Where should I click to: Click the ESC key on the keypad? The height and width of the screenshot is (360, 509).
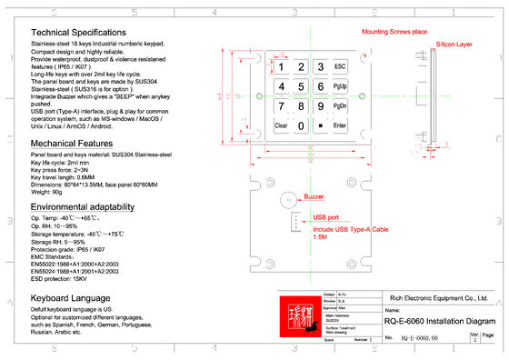tap(340, 67)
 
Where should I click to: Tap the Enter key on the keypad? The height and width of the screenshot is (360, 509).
tap(340, 125)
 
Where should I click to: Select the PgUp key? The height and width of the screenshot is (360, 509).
tap(340, 86)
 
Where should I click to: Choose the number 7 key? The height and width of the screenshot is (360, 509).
tap(281, 105)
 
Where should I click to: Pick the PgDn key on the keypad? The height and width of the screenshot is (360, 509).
tap(340, 105)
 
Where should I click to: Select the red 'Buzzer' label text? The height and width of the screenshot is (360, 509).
tap(314, 196)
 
